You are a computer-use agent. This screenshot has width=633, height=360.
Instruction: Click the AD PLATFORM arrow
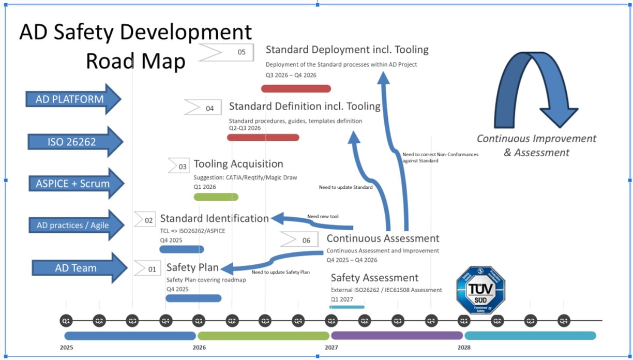pos(73,99)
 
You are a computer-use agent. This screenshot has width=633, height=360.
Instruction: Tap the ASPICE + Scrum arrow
pos(76,183)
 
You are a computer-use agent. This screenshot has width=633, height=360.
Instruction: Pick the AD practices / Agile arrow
pos(76,225)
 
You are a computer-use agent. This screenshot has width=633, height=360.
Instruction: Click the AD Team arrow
pos(79,268)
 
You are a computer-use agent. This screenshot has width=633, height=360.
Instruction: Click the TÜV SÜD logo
pos(480,290)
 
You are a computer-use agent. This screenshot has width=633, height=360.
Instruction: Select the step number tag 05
pos(227,52)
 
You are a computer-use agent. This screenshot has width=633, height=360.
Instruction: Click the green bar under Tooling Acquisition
pos(216,197)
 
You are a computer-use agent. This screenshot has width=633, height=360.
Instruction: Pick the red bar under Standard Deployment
pos(296,88)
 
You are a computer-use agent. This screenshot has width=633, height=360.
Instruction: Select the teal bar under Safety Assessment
pos(347,307)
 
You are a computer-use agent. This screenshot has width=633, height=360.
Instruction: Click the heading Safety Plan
pos(192,267)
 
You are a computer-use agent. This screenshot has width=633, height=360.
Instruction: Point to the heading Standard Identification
pos(214,218)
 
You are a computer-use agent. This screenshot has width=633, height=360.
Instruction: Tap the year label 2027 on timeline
pos(331,348)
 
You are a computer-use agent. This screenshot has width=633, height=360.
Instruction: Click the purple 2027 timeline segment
pos(397,336)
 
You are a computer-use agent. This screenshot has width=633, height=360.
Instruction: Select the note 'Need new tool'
pos(323,216)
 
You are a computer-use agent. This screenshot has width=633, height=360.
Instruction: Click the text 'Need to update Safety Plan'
pos(280,272)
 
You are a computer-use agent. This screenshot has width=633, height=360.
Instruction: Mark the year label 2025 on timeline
pos(67,348)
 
